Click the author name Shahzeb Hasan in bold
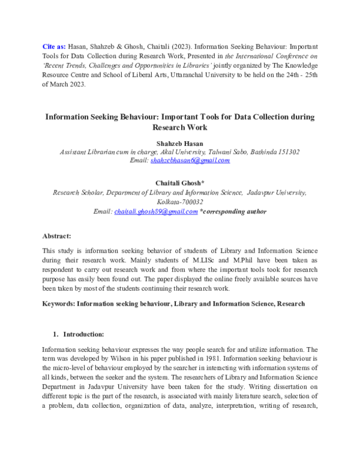pyautogui.click(x=180, y=144)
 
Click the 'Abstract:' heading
pyautogui.click(x=57, y=237)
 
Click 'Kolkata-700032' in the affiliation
pyautogui.click(x=180, y=202)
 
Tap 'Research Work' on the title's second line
pyautogui.click(x=180, y=127)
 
